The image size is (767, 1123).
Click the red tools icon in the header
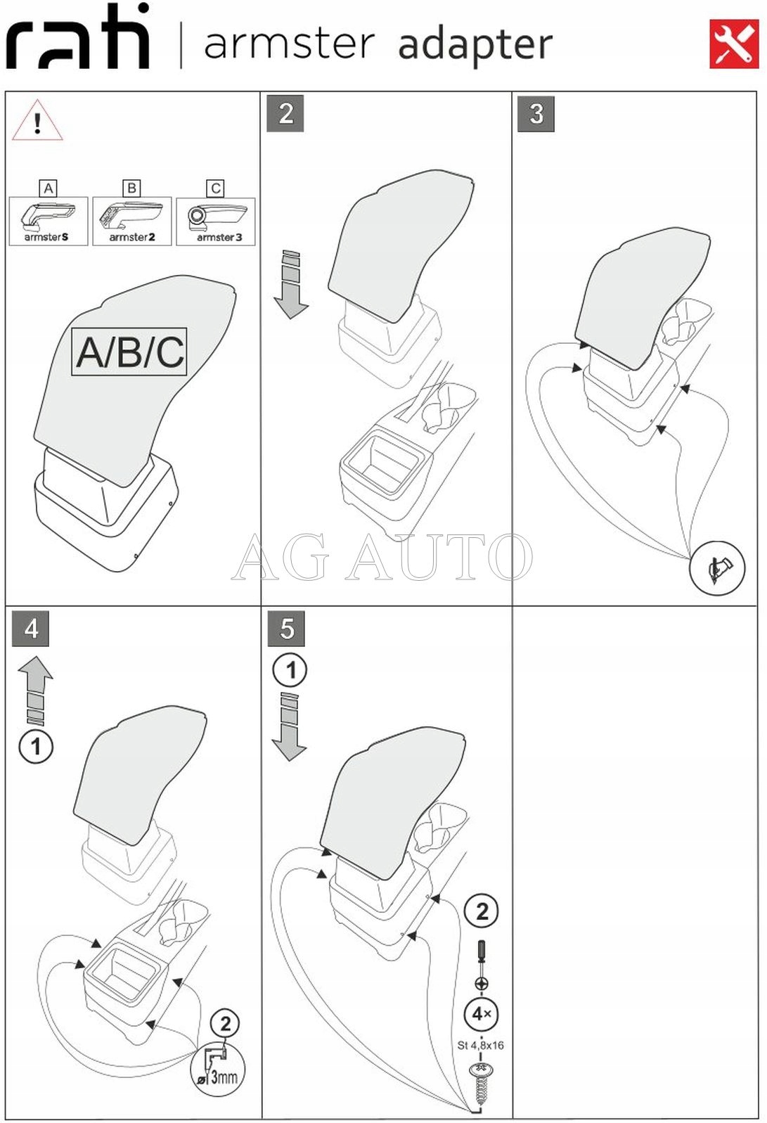pyautogui.click(x=734, y=44)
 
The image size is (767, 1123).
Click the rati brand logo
pyautogui.click(x=78, y=36)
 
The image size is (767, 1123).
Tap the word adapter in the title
pyautogui.click(x=475, y=45)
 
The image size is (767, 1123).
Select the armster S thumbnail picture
pyautogui.click(x=48, y=221)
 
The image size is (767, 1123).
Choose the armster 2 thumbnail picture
pyautogui.click(x=132, y=221)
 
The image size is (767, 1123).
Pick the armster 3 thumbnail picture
pyautogui.click(x=216, y=221)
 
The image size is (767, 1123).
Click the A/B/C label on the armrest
pyautogui.click(x=129, y=352)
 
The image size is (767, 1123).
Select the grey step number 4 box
pyautogui.click(x=30, y=628)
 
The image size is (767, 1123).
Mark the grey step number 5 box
pyautogui.click(x=286, y=628)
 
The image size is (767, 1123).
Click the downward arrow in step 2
pyautogui.click(x=291, y=284)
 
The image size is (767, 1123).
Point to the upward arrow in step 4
pyautogui.click(x=36, y=691)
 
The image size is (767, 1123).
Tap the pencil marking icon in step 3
pyautogui.click(x=717, y=568)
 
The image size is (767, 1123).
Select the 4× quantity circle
pyautogui.click(x=481, y=1014)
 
